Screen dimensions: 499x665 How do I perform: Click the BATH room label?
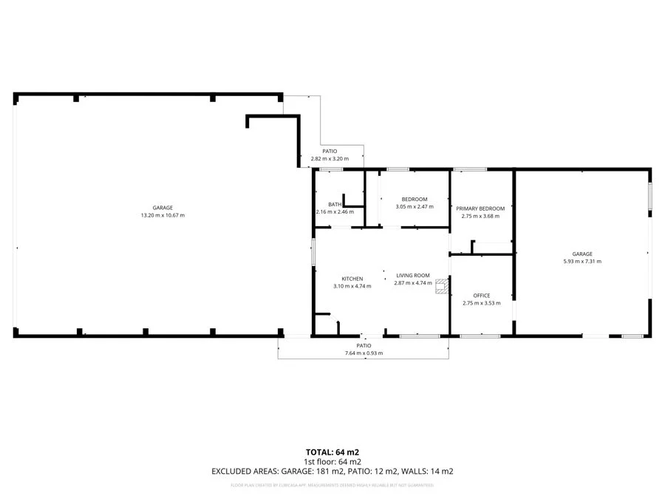click(x=335, y=205)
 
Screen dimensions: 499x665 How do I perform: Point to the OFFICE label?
click(x=481, y=296)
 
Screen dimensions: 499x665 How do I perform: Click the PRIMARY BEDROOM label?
click(x=480, y=208)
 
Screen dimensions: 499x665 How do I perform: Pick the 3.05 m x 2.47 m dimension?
click(x=415, y=207)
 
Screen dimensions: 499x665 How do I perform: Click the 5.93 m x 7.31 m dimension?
click(x=582, y=261)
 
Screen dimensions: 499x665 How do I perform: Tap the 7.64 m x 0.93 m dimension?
click(x=364, y=353)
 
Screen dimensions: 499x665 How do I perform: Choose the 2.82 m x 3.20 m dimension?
click(x=330, y=159)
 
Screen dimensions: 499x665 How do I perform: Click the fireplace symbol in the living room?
click(x=441, y=286)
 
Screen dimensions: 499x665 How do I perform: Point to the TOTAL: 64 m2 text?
click(x=332, y=452)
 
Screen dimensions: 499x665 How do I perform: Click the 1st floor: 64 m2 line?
click(x=332, y=461)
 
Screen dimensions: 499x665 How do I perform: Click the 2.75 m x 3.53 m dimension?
click(x=481, y=303)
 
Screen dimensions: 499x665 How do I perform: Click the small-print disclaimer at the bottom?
click(x=332, y=485)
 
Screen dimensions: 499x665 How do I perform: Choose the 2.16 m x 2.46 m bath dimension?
click(x=335, y=212)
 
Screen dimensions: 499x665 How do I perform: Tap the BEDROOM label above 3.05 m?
click(x=415, y=200)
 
